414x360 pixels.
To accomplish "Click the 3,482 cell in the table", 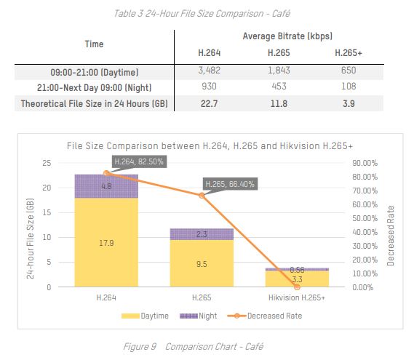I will coord(210,72).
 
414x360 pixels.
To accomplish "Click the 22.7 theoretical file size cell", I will coord(210,103).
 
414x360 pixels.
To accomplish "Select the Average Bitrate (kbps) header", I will coord(279,36).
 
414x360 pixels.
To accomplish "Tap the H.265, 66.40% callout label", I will coord(229,184).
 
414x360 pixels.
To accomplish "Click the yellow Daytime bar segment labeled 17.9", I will coord(106,242).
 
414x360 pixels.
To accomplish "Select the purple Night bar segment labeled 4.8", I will coord(106,186).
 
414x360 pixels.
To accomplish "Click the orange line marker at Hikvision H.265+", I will coord(297,287).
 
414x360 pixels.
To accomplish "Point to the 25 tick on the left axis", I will coord(47,163).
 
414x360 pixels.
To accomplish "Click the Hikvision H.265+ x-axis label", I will coord(297,297).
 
